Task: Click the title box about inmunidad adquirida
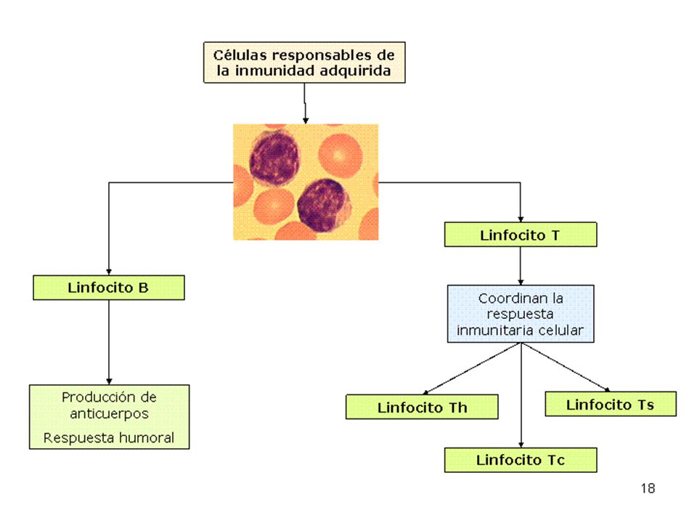point(304,62)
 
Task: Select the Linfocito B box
point(109,288)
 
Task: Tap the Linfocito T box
point(521,235)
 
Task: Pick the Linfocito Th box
point(422,407)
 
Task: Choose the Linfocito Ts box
point(611,404)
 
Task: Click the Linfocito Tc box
point(521,460)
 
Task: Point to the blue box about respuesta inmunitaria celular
point(521,314)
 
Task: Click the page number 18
point(648,488)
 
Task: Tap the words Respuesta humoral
point(109,437)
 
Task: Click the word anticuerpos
point(109,413)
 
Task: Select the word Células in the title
point(240,55)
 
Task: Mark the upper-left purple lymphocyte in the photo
point(274,157)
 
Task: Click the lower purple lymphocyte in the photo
point(324,205)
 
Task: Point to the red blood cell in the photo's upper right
point(340,155)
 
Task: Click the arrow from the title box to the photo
point(305,103)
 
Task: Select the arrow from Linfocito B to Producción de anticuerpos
point(109,342)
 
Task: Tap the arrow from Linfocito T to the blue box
point(521,266)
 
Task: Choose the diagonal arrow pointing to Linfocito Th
point(472,369)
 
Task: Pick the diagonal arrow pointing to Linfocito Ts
point(566,368)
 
